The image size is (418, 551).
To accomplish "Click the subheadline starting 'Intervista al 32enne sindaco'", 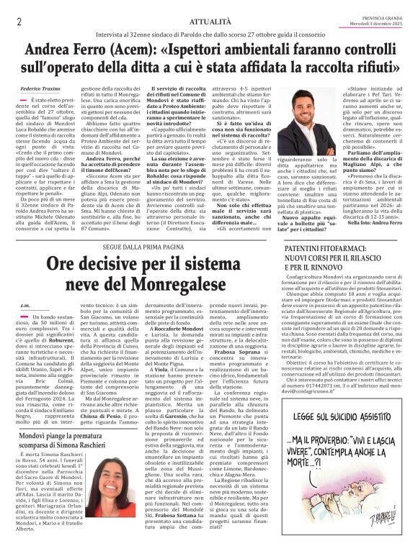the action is pyautogui.click(x=209, y=35).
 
